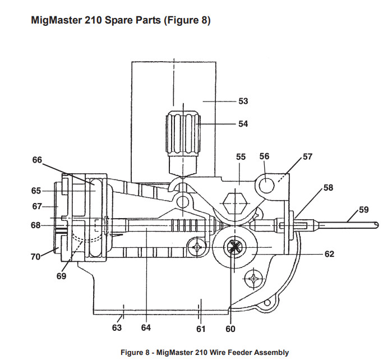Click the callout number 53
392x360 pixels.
(x=243, y=101)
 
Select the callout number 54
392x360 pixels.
(x=243, y=124)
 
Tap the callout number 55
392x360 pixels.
(x=241, y=158)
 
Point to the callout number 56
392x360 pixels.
(x=264, y=157)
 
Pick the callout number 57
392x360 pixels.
(x=307, y=157)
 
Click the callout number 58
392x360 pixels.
(x=329, y=187)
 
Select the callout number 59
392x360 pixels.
(x=364, y=210)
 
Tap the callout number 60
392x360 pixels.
(x=230, y=329)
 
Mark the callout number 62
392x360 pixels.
(x=329, y=254)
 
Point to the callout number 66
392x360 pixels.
(x=37, y=160)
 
